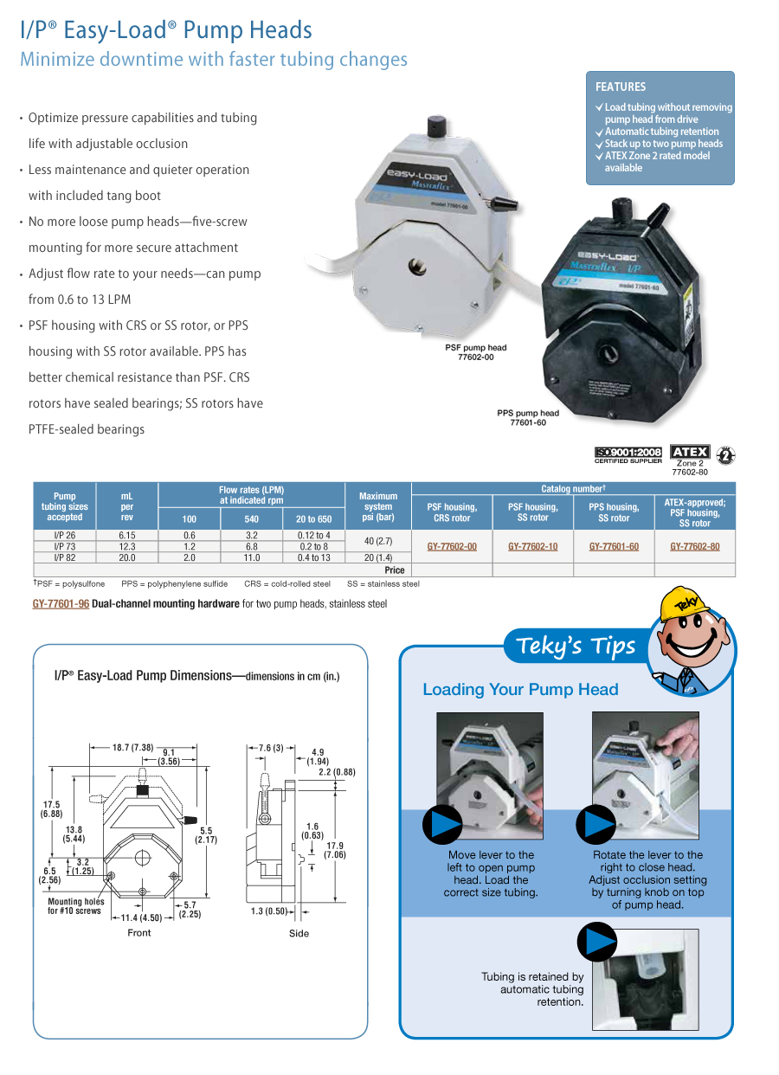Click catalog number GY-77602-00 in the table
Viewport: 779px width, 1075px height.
click(452, 547)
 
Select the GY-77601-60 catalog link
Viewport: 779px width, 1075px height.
click(614, 547)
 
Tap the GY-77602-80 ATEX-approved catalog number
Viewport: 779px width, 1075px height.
click(694, 547)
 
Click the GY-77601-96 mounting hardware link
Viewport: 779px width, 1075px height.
click(61, 604)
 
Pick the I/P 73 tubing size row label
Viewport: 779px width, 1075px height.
click(65, 547)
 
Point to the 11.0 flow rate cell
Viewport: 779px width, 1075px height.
click(251, 558)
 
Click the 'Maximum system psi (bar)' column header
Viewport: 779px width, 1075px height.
click(378, 507)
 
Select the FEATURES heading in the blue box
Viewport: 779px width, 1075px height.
click(621, 87)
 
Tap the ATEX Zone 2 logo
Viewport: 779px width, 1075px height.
click(690, 452)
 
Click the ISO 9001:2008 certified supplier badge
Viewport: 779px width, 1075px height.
click(628, 454)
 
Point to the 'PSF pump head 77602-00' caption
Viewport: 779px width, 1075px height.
click(476, 352)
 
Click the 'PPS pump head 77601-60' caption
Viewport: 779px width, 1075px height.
click(528, 417)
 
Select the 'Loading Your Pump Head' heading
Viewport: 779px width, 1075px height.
click(520, 690)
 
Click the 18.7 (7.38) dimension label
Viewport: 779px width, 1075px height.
click(132, 748)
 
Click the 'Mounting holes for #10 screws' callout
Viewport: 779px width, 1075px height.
click(76, 906)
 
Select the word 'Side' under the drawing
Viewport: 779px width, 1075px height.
click(299, 933)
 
